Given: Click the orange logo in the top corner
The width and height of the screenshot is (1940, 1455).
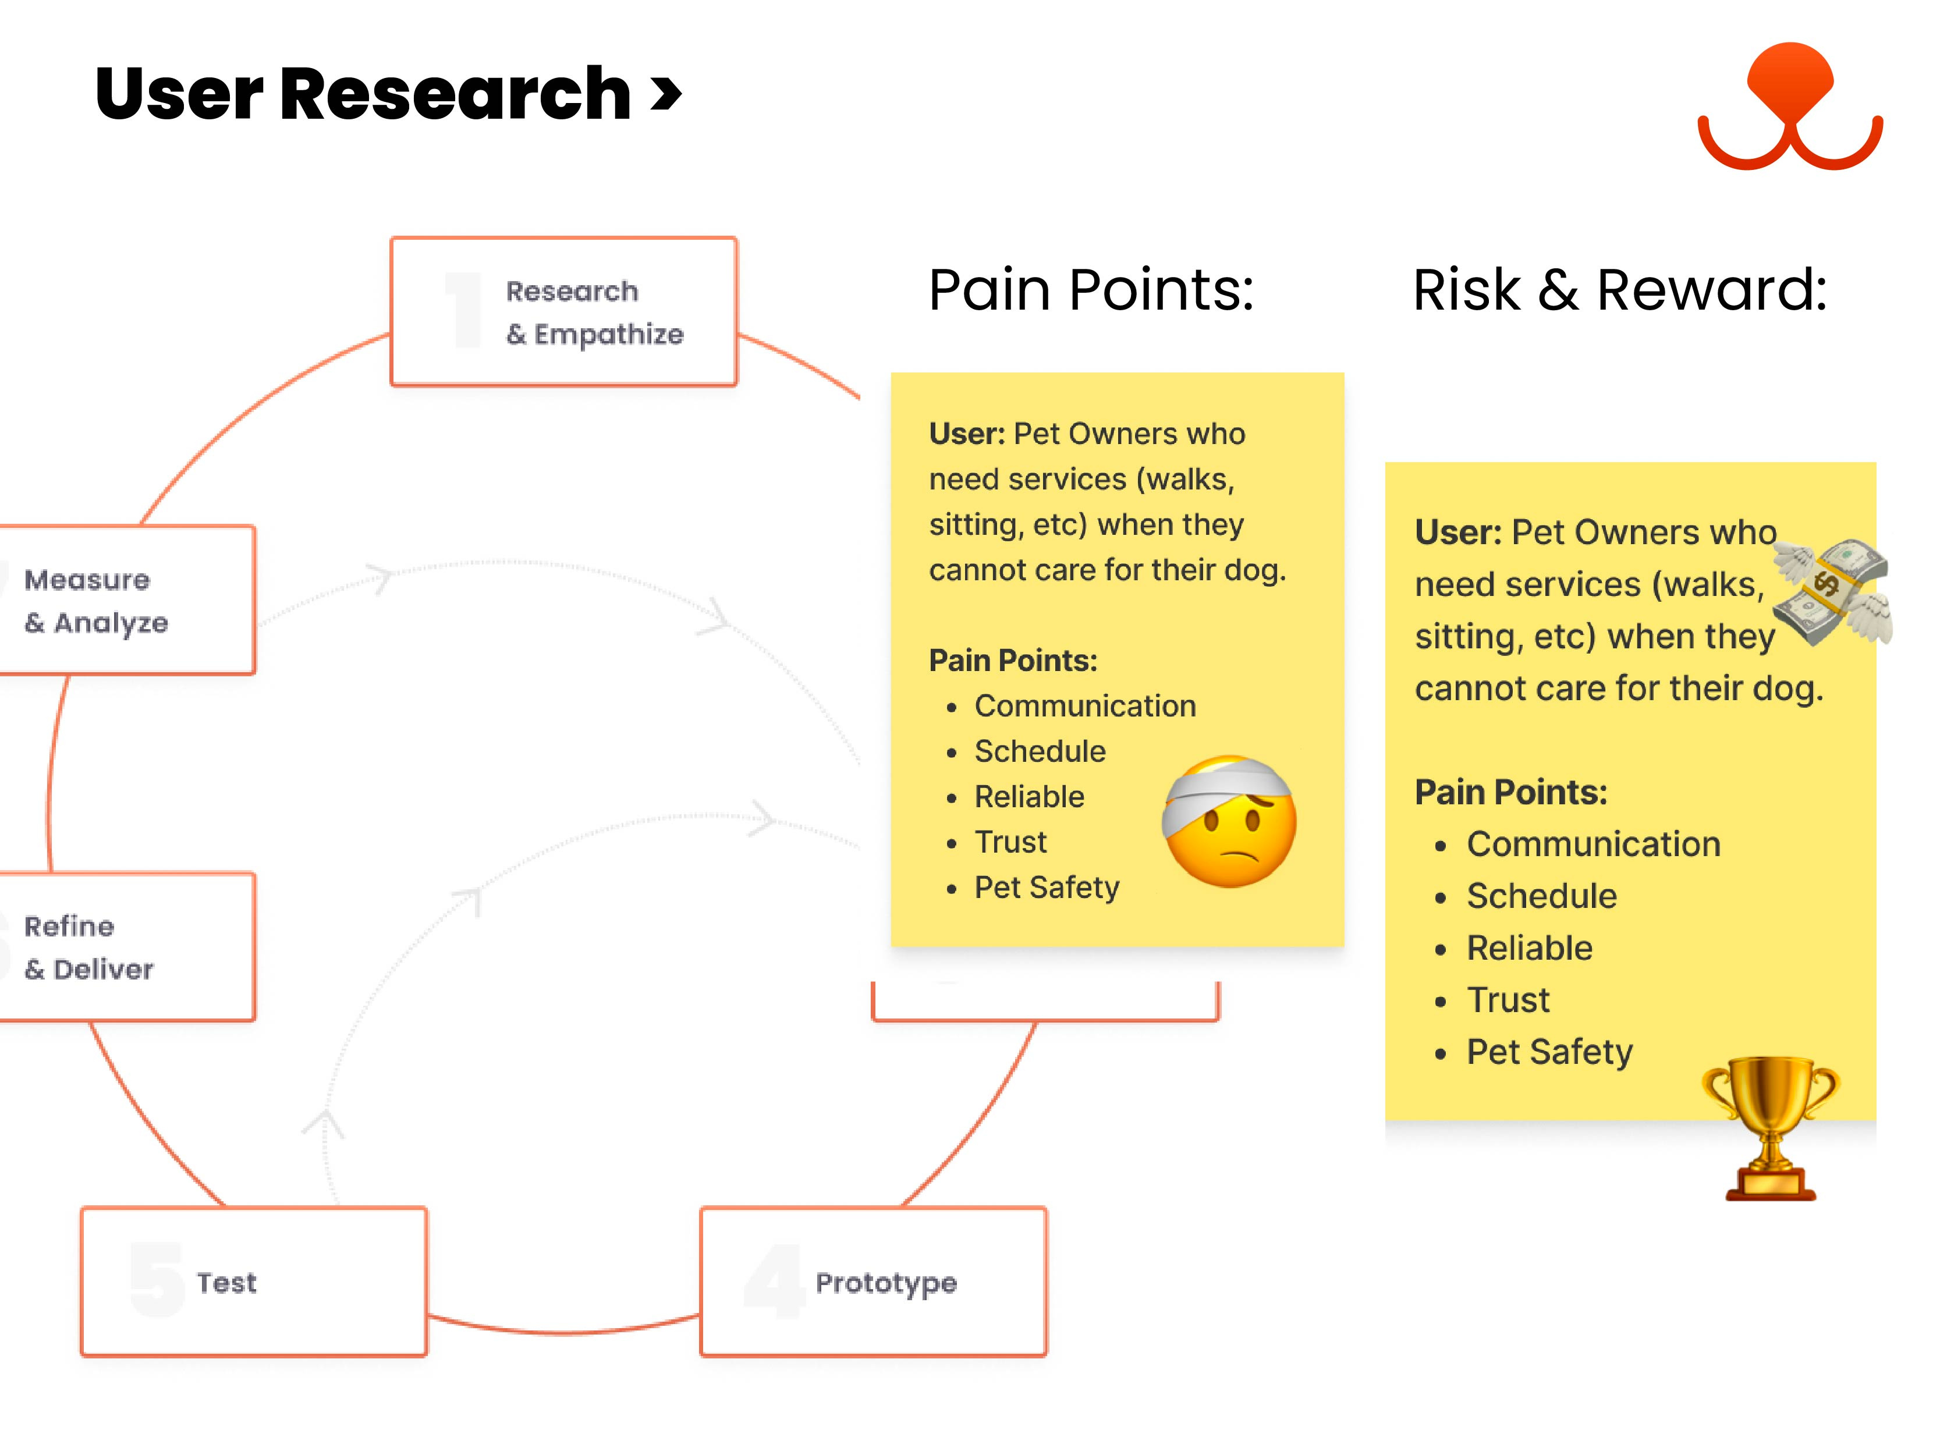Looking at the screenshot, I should (1789, 105).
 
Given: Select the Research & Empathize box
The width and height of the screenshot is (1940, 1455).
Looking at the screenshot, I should (564, 311).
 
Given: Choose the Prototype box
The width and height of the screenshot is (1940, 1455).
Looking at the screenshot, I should (874, 1282).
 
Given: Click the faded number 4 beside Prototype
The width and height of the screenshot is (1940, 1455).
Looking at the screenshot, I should (774, 1282).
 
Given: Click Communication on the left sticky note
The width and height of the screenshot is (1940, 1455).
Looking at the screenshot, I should (1085, 706).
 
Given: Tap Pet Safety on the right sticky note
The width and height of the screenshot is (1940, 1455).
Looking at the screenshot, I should (1549, 1052).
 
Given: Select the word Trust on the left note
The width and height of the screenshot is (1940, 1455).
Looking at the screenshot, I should (1010, 842).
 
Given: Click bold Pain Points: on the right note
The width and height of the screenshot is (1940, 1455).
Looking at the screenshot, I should (1510, 793).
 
